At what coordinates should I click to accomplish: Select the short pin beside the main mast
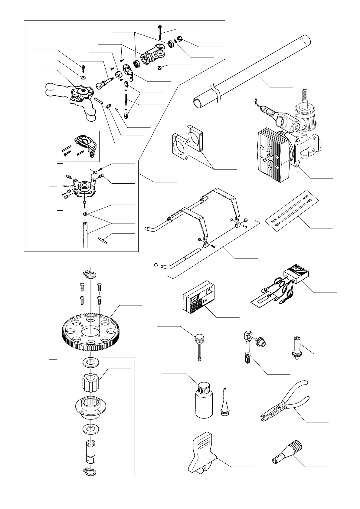click(x=103, y=239)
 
